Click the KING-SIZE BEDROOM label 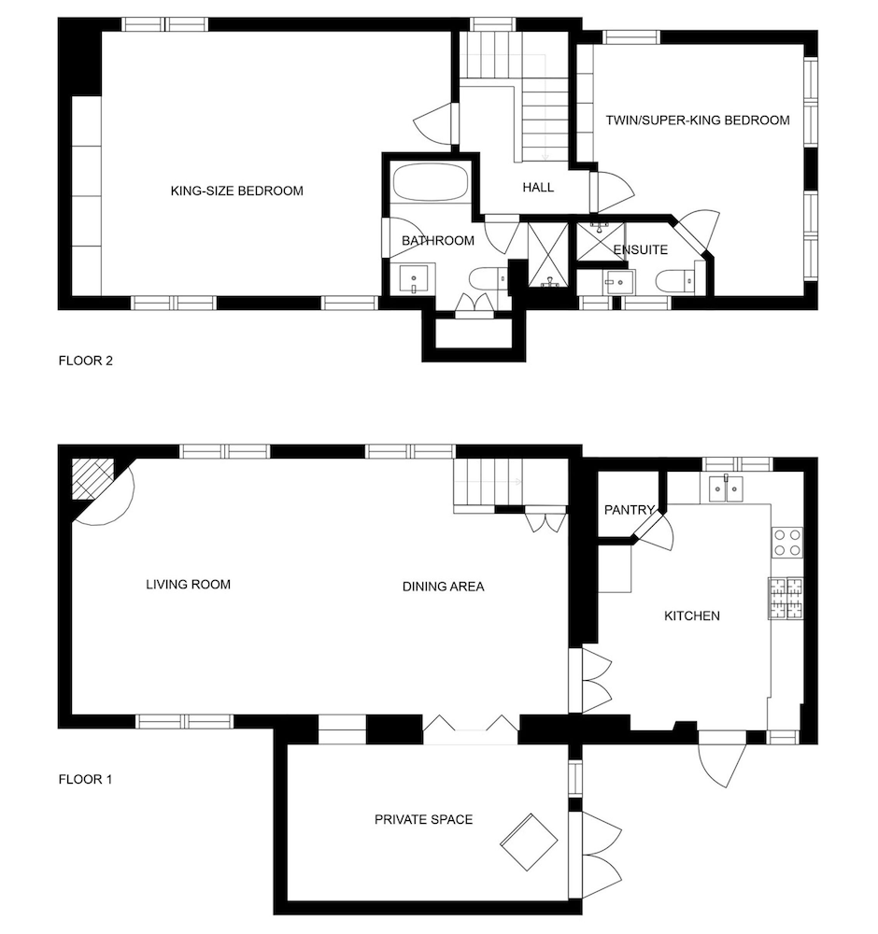[237, 191]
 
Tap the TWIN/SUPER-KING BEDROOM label [698, 120]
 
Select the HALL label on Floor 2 [538, 188]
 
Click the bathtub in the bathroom [430, 183]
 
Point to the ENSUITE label [641, 249]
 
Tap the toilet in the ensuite [676, 281]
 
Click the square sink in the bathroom [415, 278]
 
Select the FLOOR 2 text [86, 361]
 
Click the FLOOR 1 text [85, 780]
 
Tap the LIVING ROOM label [189, 585]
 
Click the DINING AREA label [443, 587]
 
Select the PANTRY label [629, 510]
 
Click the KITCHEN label [692, 616]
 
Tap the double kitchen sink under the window [726, 488]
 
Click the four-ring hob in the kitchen [786, 543]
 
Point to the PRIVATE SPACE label [423, 820]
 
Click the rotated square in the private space [529, 842]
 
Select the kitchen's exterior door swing [721, 766]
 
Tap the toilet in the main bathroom [489, 280]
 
